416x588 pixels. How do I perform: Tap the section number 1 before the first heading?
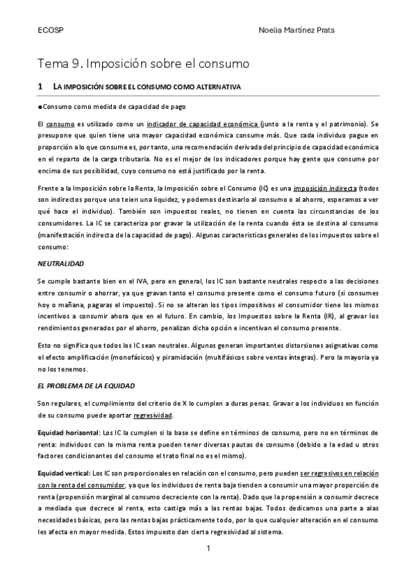tap(41, 87)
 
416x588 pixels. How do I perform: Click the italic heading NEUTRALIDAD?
tap(60, 264)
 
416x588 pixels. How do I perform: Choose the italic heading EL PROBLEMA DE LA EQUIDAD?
tap(85, 384)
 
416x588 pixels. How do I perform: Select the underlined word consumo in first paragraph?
tap(60, 123)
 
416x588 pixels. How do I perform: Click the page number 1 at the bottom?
tap(208, 548)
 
